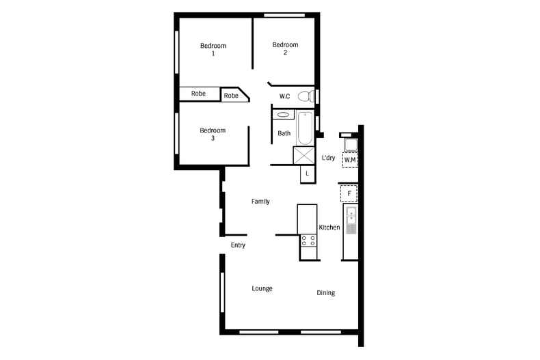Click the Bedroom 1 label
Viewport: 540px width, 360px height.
pyautogui.click(x=213, y=49)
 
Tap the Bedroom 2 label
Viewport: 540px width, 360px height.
pyautogui.click(x=285, y=49)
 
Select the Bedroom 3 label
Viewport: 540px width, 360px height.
pyautogui.click(x=213, y=134)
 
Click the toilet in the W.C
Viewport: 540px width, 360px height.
pyautogui.click(x=306, y=96)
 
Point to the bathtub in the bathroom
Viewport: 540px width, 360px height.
pyautogui.click(x=305, y=128)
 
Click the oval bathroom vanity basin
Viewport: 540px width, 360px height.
pyautogui.click(x=283, y=115)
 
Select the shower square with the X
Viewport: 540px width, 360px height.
pyautogui.click(x=303, y=155)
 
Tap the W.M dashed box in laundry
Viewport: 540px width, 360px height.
pyautogui.click(x=350, y=160)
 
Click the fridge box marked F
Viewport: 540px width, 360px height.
pyautogui.click(x=349, y=193)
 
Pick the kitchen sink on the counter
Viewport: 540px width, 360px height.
pyautogui.click(x=351, y=220)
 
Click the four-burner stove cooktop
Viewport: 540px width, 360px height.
pyautogui.click(x=308, y=240)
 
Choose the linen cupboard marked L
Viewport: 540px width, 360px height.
pyautogui.click(x=308, y=174)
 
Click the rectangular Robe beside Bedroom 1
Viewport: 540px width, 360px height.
pyautogui.click(x=200, y=94)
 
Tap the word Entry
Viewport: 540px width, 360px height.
pyautogui.click(x=238, y=245)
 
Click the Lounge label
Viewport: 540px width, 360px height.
pyautogui.click(x=262, y=288)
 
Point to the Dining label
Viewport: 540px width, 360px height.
pyautogui.click(x=326, y=293)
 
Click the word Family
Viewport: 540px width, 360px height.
pyautogui.click(x=260, y=202)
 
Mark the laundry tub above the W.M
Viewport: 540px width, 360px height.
pyautogui.click(x=351, y=145)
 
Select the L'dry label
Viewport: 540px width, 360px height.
pyautogui.click(x=328, y=158)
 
